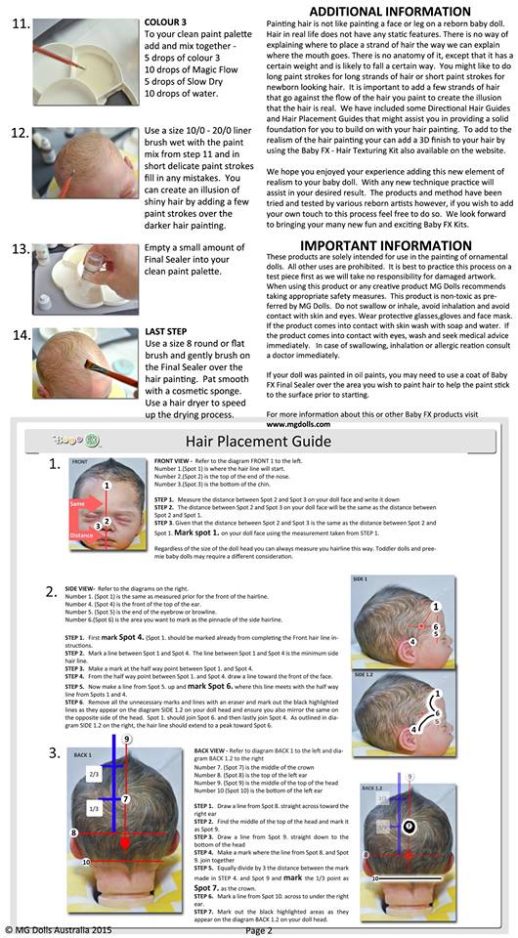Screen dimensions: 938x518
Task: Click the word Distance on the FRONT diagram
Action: tap(82, 535)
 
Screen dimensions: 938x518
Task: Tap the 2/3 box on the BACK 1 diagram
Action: tap(94, 774)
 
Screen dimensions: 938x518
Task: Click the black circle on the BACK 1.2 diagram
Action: tap(410, 826)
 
